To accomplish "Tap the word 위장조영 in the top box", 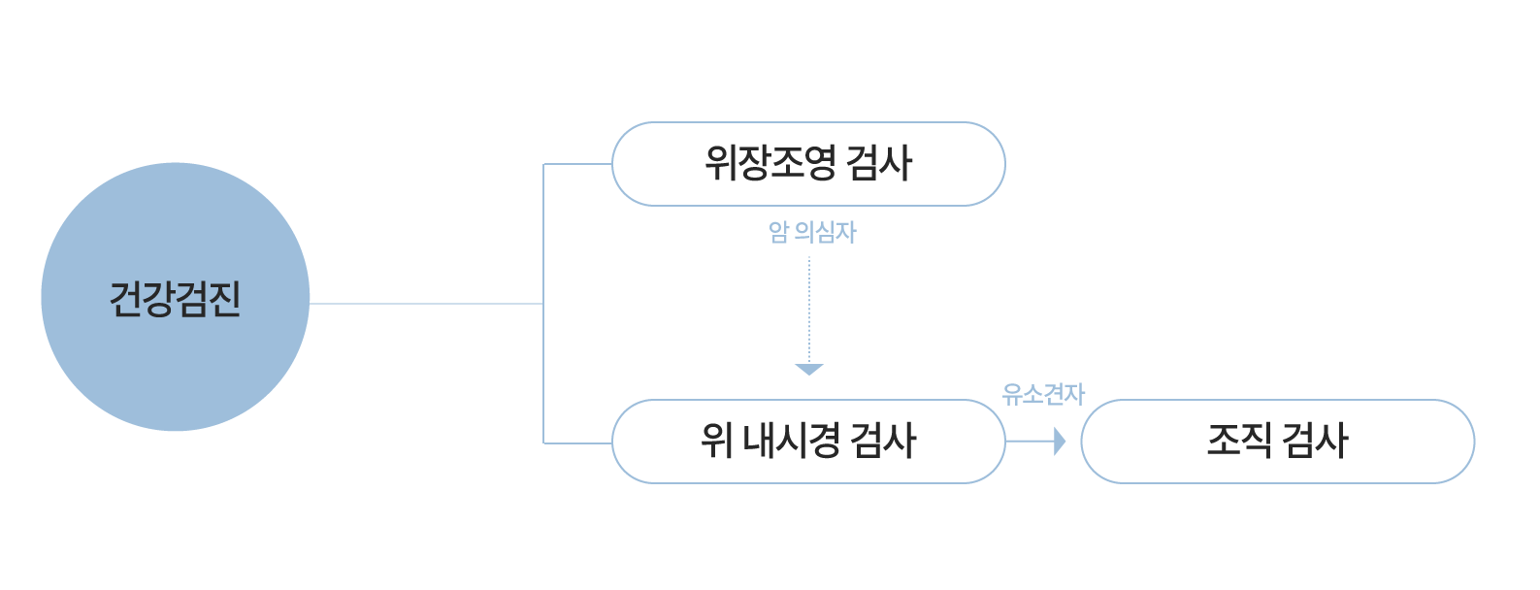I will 770,163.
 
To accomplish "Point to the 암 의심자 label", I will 812,233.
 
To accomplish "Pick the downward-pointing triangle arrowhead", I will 808,369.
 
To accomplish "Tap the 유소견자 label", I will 1043,394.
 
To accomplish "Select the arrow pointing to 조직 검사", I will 1036,442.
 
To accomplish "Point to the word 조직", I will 1238,441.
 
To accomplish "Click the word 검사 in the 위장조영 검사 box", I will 879,163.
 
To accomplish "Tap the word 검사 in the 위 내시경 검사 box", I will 882,442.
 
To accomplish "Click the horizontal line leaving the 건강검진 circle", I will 427,304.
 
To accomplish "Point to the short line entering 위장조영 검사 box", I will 577,164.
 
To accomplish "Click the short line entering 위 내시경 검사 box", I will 577,443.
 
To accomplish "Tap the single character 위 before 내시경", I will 716,442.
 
